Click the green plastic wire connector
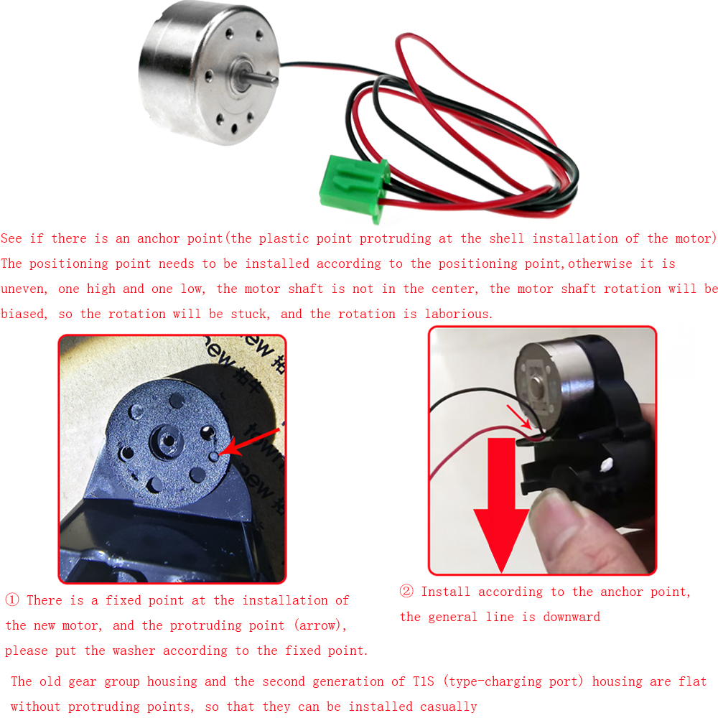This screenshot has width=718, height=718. pyautogui.click(x=353, y=187)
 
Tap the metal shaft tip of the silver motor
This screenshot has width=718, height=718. pyautogui.click(x=272, y=80)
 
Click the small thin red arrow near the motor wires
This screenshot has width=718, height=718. pyautogui.click(x=518, y=416)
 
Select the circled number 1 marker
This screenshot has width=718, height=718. pyautogui.click(x=12, y=600)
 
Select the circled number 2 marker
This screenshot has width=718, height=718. pyautogui.click(x=406, y=591)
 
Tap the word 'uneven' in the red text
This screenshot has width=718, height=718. pyautogui.click(x=24, y=289)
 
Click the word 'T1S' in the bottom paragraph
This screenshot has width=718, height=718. pyautogui.click(x=424, y=681)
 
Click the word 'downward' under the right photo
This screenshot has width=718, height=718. pyautogui.click(x=572, y=617)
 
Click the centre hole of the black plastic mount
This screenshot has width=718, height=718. pyautogui.click(x=167, y=441)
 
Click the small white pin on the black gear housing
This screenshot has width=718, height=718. pyautogui.click(x=606, y=465)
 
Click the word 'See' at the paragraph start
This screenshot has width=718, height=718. pyautogui.click(x=11, y=238)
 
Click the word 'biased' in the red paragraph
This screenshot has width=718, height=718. pyautogui.click(x=24, y=314)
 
